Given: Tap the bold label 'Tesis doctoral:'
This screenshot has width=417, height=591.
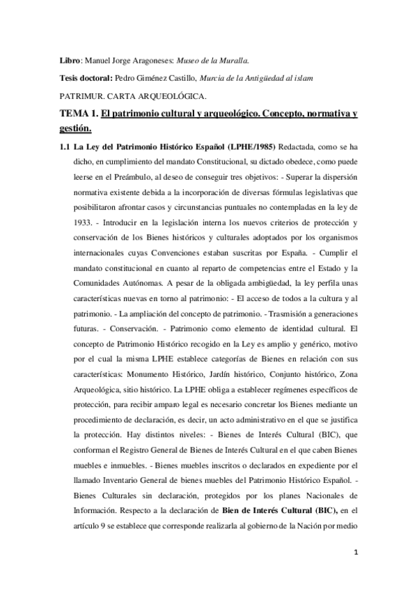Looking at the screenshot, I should pos(86,77).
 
